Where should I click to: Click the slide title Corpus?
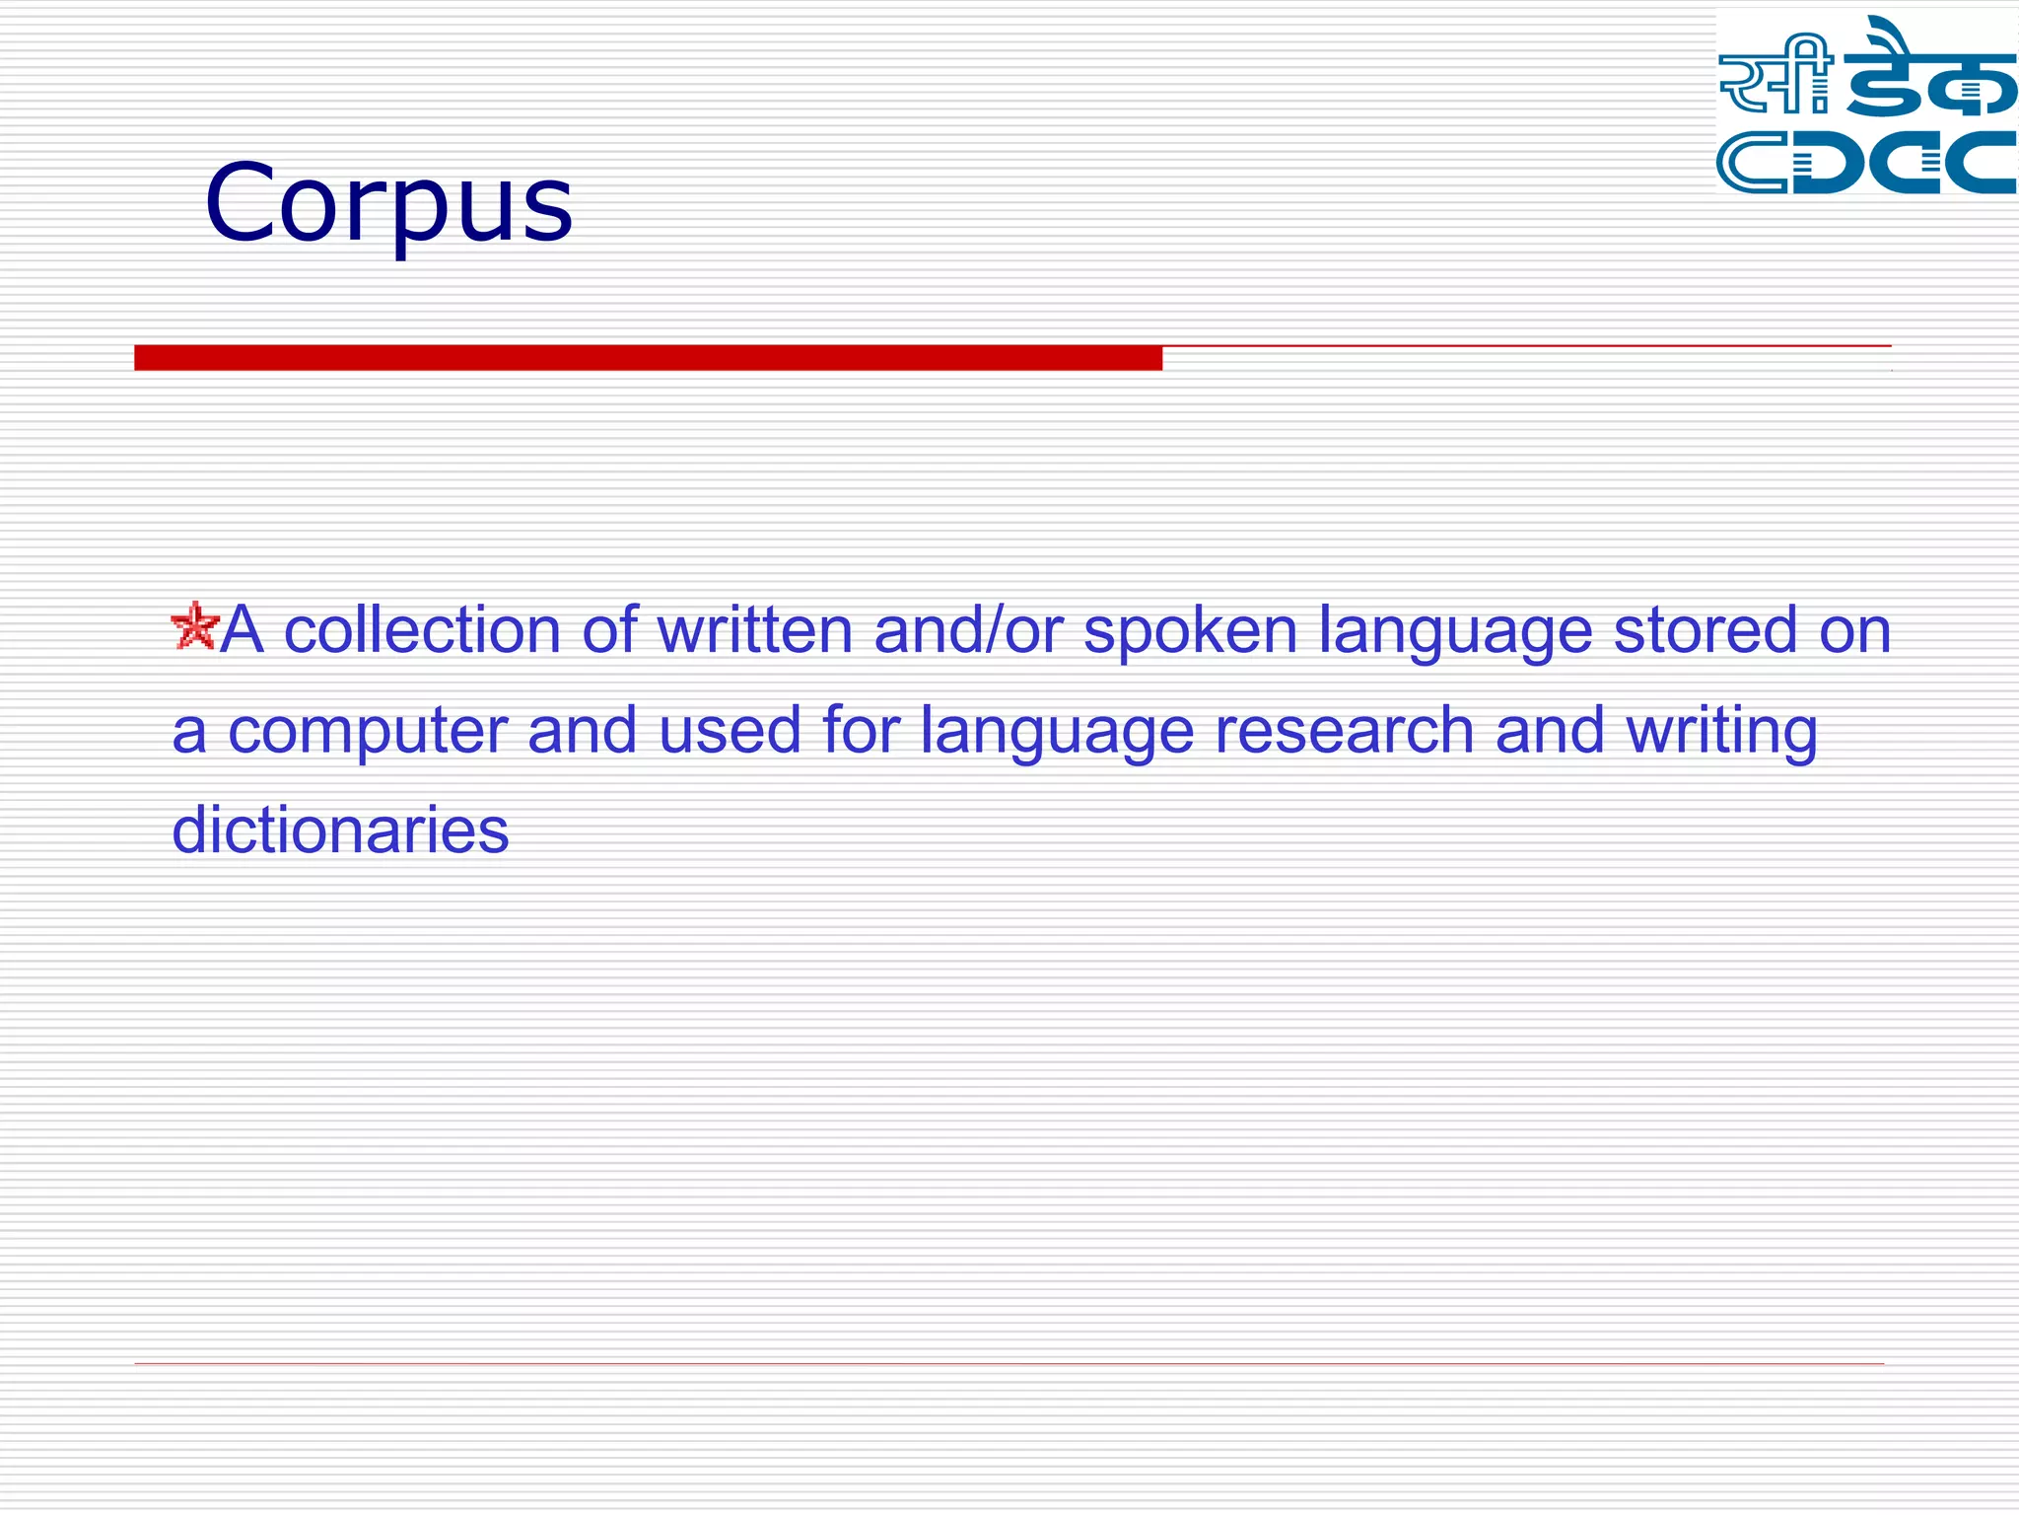pyautogui.click(x=388, y=203)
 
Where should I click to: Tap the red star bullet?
pyautogui.click(x=194, y=626)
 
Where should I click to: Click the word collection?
pyautogui.click(x=422, y=630)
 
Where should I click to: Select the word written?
pyautogui.click(x=754, y=630)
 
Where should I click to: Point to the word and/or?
pyautogui.click(x=968, y=630)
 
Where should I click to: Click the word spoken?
pyautogui.click(x=1190, y=632)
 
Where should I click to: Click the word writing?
pyautogui.click(x=1721, y=733)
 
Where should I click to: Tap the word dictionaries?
pyautogui.click(x=340, y=830)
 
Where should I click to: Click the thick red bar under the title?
pyautogui.click(x=648, y=358)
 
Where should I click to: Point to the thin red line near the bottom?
pyautogui.click(x=1009, y=1363)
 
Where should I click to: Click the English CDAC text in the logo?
pyautogui.click(x=1865, y=163)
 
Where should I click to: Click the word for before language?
pyautogui.click(x=861, y=731)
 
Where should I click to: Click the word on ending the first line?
pyautogui.click(x=1854, y=632)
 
